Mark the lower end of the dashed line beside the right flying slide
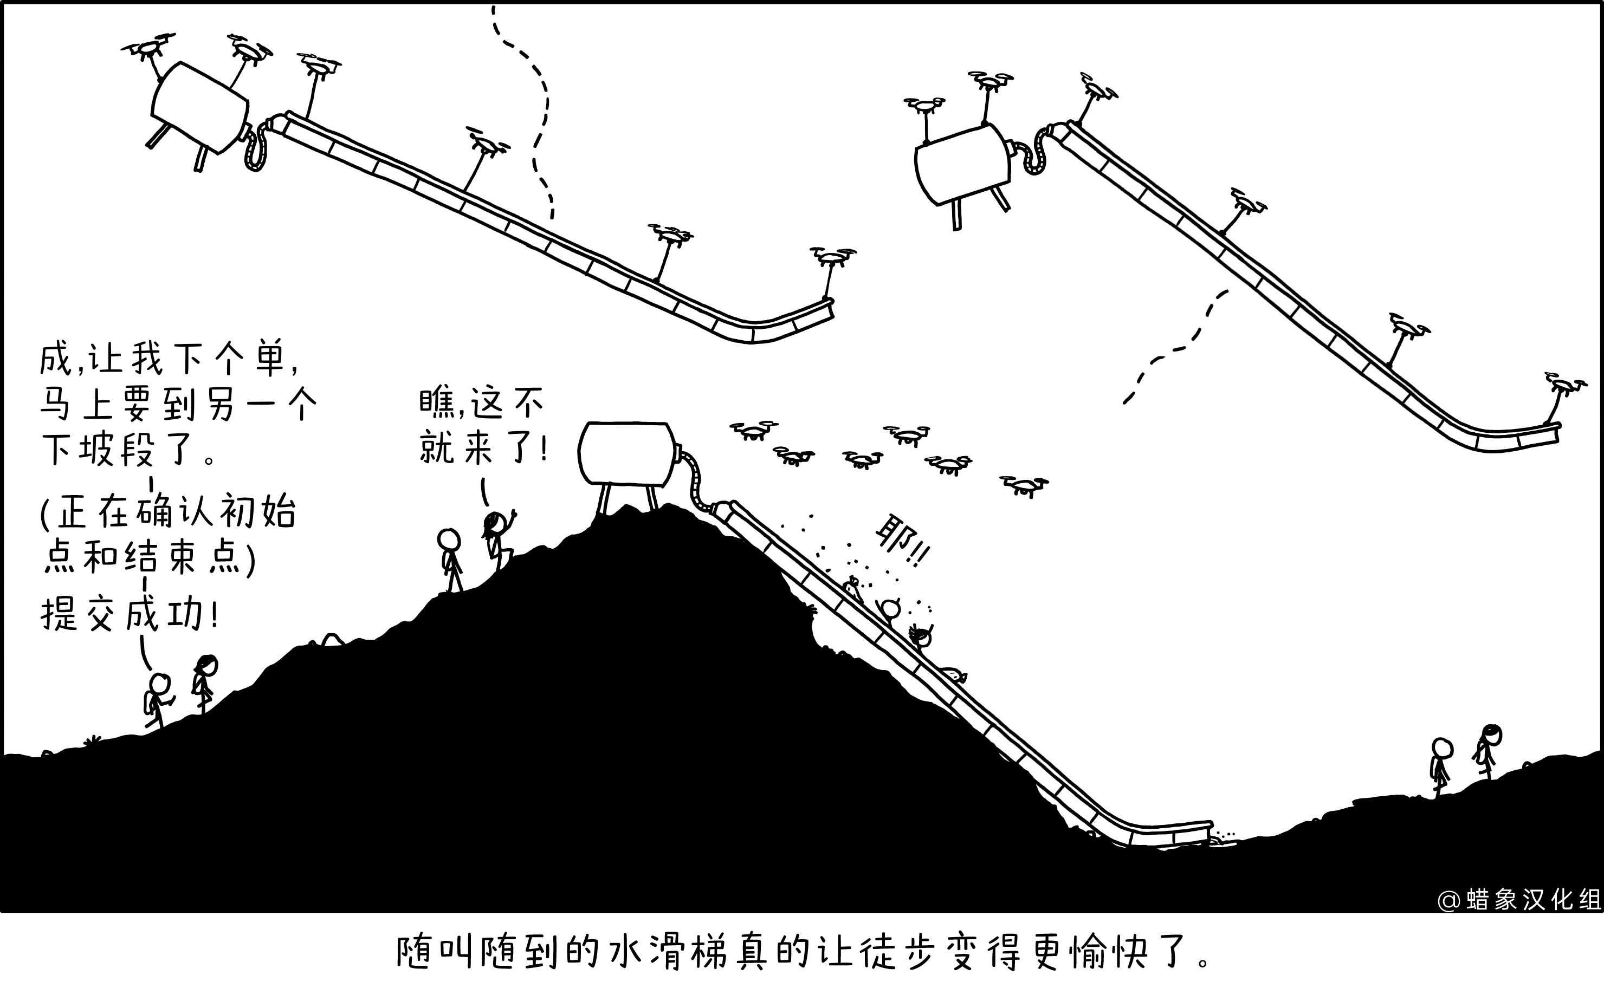(x=1125, y=402)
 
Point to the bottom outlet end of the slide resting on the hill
(x=1211, y=833)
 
